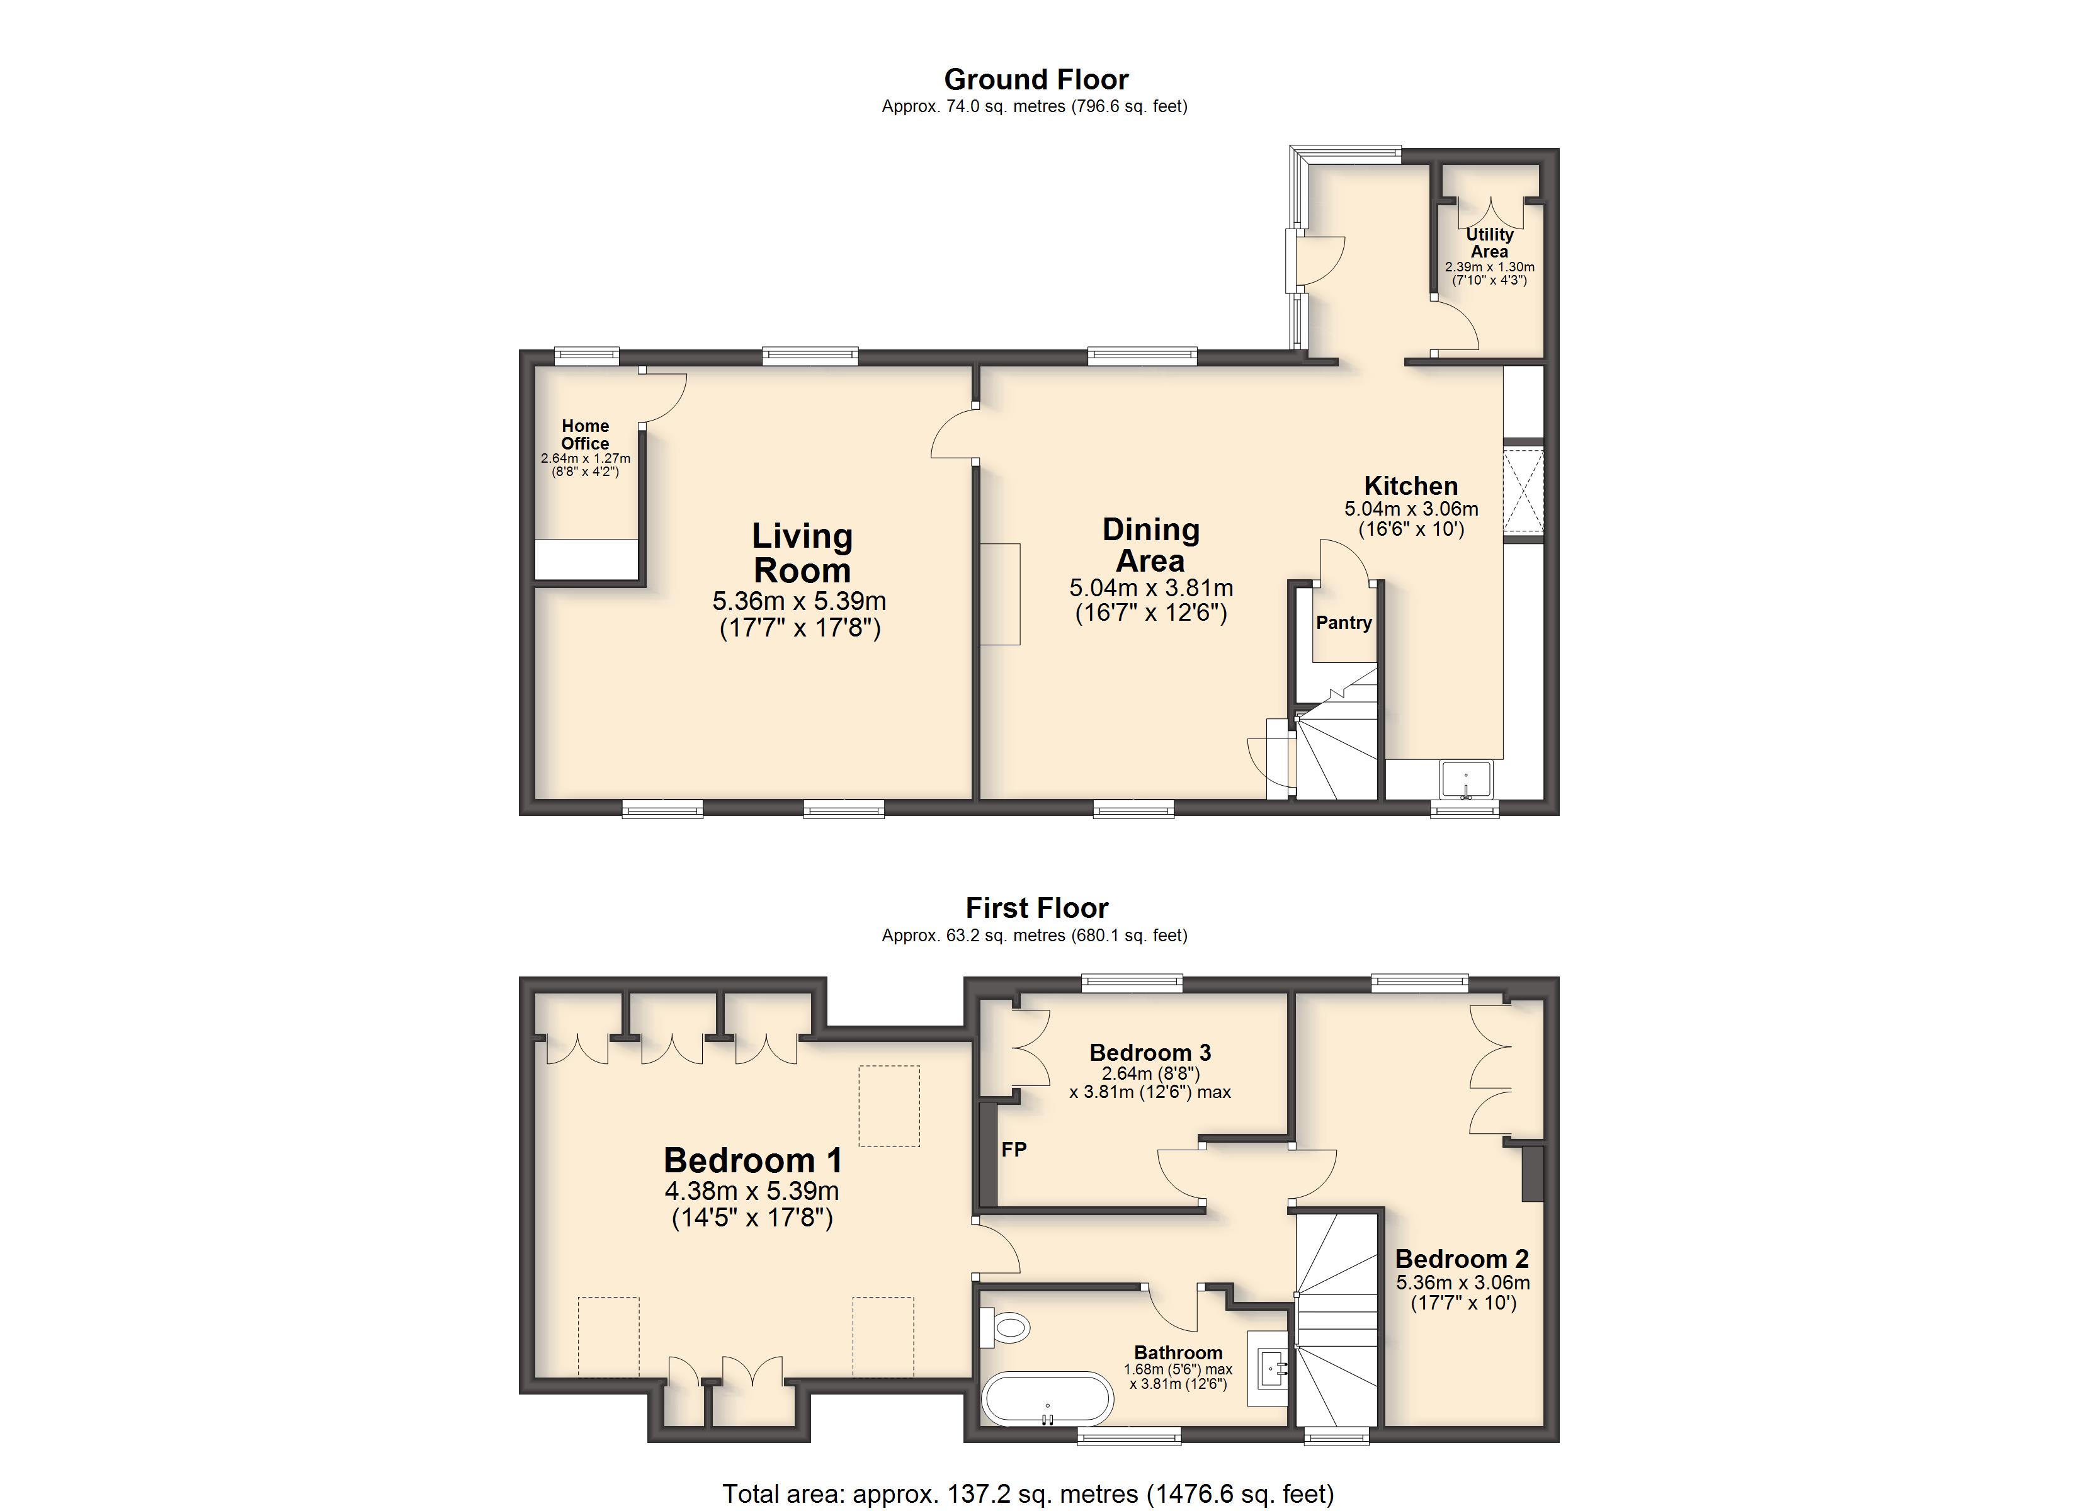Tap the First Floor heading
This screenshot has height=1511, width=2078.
(1036, 908)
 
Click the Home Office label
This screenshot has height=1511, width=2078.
(586, 434)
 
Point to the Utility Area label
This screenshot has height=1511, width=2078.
(1490, 243)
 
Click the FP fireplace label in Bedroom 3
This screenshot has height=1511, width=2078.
(1013, 1149)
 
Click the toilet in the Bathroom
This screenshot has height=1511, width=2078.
(1005, 1327)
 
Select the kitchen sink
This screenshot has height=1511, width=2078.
(1466, 780)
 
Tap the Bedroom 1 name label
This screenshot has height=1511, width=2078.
(752, 1160)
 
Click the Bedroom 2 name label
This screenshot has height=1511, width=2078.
(1462, 1259)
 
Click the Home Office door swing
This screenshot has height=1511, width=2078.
(663, 396)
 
